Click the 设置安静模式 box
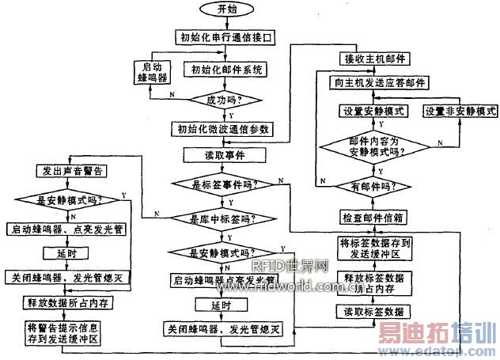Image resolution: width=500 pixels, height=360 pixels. coord(373,112)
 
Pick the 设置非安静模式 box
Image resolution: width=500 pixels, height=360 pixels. coord(460,112)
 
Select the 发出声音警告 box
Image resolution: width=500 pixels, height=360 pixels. coord(73,170)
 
